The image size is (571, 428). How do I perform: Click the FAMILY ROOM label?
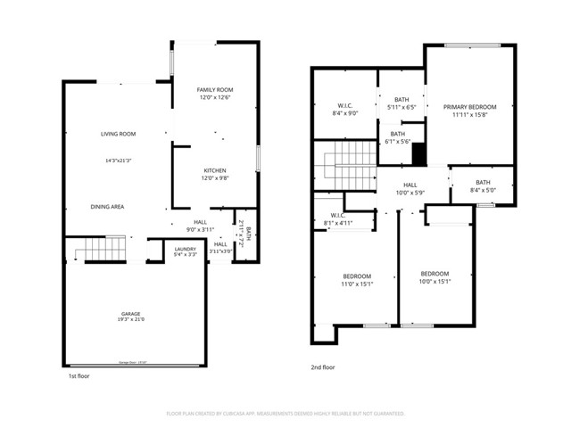click(214, 90)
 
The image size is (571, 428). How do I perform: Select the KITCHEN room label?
click(214, 170)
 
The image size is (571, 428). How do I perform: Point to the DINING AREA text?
click(106, 206)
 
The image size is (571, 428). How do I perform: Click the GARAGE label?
click(131, 313)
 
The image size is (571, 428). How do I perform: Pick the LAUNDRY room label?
click(185, 249)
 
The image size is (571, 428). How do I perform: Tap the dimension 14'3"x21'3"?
click(119, 160)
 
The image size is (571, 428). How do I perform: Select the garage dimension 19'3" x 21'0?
click(131, 320)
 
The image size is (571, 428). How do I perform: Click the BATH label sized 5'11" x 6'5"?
click(401, 99)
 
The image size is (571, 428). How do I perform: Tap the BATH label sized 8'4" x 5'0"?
click(483, 182)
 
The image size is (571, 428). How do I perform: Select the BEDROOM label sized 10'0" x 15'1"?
click(434, 273)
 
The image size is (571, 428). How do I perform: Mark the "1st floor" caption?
click(79, 376)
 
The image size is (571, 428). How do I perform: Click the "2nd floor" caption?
click(323, 367)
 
